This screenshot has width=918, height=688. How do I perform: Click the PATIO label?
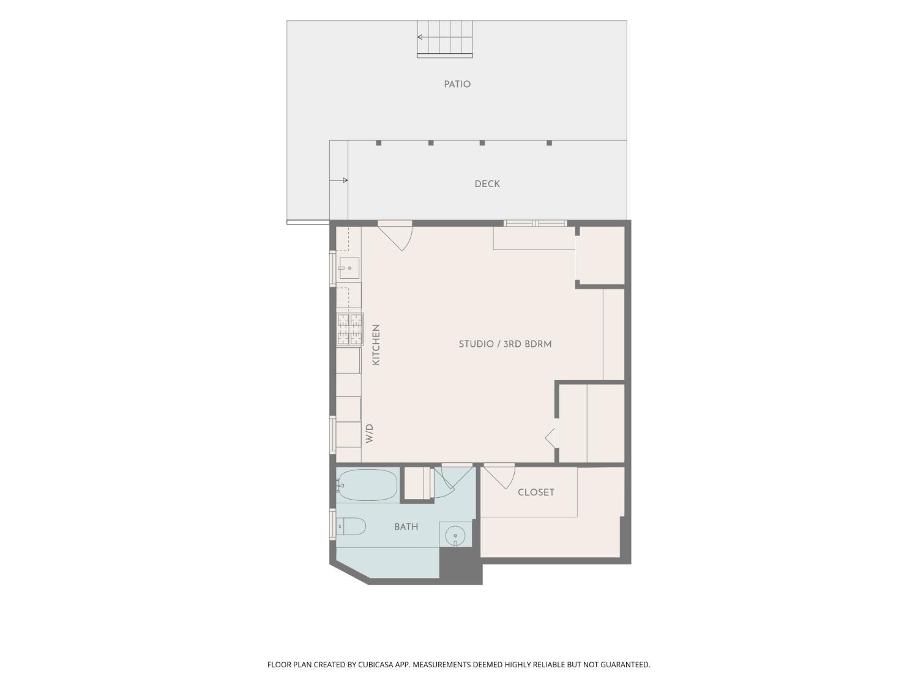[457, 84]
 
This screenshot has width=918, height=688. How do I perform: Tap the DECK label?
[487, 184]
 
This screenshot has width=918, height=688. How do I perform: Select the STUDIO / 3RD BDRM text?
[506, 344]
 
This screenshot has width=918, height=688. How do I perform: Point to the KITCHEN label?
[376, 345]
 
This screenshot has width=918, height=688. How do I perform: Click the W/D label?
[369, 434]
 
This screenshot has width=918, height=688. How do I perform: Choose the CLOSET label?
[536, 492]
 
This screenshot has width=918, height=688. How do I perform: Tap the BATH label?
[406, 527]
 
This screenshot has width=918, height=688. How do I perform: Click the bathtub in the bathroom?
[367, 485]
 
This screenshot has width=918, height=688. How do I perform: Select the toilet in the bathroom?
[351, 527]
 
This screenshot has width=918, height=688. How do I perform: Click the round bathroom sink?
[455, 536]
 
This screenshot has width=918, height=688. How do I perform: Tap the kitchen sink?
[349, 268]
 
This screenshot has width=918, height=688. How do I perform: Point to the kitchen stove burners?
[350, 329]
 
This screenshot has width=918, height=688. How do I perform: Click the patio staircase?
[444, 39]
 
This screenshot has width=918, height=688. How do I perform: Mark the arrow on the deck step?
[339, 180]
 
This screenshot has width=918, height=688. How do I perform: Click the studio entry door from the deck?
[395, 236]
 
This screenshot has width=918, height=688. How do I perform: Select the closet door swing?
[499, 476]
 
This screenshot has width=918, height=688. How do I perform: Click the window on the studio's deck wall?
[535, 223]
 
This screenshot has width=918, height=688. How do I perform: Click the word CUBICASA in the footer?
[376, 664]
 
